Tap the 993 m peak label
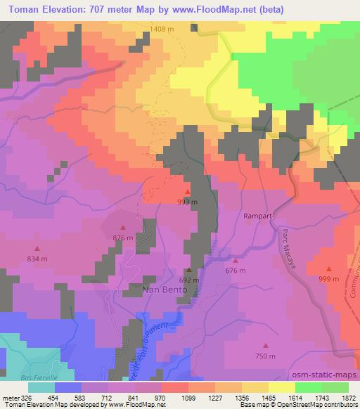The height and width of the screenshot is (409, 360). pyautogui.click(x=188, y=202)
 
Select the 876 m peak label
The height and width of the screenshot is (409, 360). pyautogui.click(x=123, y=238)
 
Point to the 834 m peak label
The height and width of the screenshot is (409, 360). pyautogui.click(x=38, y=259)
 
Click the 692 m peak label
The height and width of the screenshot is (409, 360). pyautogui.click(x=189, y=280)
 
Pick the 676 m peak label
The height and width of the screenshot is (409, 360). pyautogui.click(x=236, y=271)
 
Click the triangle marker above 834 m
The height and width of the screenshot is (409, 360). pyautogui.click(x=38, y=248)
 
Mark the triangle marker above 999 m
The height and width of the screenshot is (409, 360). pyautogui.click(x=330, y=268)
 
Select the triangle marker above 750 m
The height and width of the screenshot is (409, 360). pyautogui.click(x=266, y=345)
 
